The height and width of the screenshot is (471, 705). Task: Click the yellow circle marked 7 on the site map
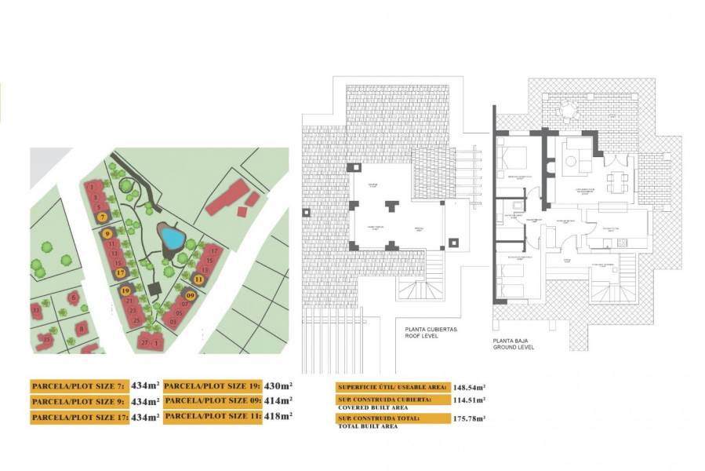click(103, 217)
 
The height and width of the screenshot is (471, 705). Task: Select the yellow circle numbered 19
click(125, 291)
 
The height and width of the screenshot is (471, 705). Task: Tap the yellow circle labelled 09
click(189, 296)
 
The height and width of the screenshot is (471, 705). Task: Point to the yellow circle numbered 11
click(198, 279)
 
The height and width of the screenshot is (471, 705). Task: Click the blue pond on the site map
click(169, 235)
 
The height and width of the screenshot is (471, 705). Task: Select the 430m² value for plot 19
click(278, 385)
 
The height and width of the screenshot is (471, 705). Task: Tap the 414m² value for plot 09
click(278, 400)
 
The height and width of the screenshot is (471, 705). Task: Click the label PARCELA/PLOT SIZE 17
click(79, 417)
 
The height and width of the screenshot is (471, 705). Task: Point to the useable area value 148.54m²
click(468, 387)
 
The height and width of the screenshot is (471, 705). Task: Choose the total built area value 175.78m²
click(468, 419)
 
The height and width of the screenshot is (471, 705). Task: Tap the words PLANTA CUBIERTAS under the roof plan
click(431, 330)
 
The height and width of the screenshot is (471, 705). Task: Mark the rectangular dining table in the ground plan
click(617, 181)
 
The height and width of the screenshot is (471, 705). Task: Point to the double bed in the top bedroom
click(511, 157)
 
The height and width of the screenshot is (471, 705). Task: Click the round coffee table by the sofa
click(571, 162)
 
